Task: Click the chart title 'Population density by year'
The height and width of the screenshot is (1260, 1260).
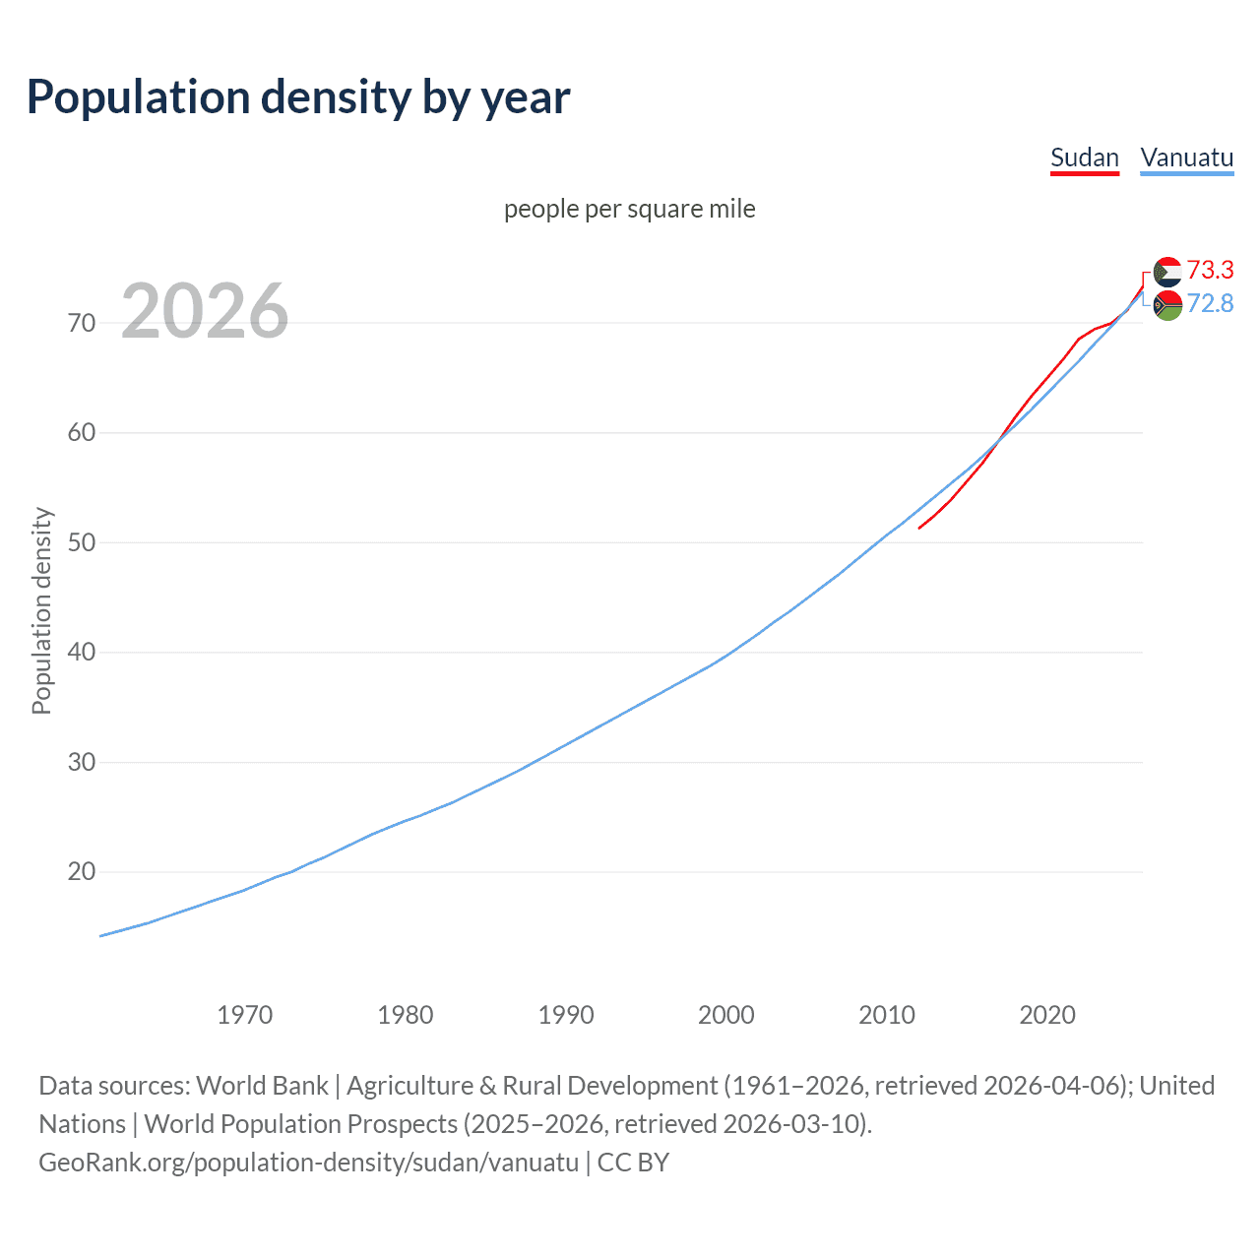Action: click(x=298, y=96)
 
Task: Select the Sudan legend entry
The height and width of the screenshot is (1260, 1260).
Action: click(x=1084, y=157)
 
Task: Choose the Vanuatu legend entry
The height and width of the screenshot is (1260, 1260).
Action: click(x=1186, y=157)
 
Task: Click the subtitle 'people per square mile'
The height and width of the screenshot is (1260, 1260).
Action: click(x=629, y=209)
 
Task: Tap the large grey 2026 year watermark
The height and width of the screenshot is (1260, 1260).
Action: click(x=205, y=311)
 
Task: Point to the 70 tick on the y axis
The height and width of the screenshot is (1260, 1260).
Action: click(x=82, y=323)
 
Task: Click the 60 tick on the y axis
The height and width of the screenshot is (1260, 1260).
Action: click(x=82, y=433)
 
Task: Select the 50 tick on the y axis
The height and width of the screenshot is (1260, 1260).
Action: click(x=82, y=542)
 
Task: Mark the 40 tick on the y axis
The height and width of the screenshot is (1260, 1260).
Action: click(x=82, y=653)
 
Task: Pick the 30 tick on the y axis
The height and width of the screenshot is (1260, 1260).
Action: click(x=82, y=762)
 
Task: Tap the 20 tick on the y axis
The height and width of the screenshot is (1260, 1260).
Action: click(x=82, y=872)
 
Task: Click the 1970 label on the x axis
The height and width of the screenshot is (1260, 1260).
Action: click(x=244, y=1015)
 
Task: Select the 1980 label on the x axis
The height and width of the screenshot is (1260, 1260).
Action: click(x=405, y=1015)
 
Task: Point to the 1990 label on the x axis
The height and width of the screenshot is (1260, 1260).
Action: click(x=566, y=1015)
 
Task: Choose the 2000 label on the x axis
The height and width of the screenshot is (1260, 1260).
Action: click(x=726, y=1015)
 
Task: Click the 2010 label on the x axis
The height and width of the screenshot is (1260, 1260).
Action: click(x=887, y=1015)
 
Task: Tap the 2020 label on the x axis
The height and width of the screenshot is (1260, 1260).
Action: click(x=1047, y=1015)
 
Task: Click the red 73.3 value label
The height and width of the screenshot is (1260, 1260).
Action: click(x=1210, y=270)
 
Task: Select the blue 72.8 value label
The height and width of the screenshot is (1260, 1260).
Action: click(x=1210, y=303)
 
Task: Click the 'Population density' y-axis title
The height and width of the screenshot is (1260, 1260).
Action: click(x=41, y=610)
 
